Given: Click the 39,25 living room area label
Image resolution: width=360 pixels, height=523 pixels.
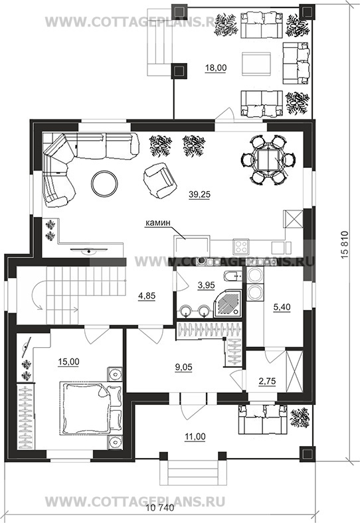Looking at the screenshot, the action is coord(199,194).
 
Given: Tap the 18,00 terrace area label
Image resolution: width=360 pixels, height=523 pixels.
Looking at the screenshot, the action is coord(215,68).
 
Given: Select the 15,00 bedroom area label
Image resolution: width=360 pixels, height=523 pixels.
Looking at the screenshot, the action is coord(68,362).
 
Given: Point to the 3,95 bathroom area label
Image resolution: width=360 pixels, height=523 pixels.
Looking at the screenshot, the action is coord(206,285).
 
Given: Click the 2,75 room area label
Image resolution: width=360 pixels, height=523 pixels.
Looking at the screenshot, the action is coord(267,381).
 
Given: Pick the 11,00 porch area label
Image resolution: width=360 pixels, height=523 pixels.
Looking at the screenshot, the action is coord(195,436).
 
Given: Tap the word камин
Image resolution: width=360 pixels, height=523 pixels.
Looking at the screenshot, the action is coord(157,223).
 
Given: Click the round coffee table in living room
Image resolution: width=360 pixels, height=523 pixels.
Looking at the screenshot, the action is coord(104,183).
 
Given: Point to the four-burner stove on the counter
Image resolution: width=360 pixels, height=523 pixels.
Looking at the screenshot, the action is coord(241,247).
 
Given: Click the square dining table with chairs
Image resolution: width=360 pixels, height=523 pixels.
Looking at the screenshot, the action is coord(268,160).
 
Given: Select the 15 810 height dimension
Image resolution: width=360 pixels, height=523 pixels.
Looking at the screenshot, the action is coord(345,248).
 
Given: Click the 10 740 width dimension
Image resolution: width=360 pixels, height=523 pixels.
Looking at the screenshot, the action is coord(161,518).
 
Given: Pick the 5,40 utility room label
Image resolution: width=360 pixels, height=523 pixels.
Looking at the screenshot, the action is coord(282,307).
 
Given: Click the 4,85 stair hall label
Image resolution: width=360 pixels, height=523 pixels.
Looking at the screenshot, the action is coord(147,296).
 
